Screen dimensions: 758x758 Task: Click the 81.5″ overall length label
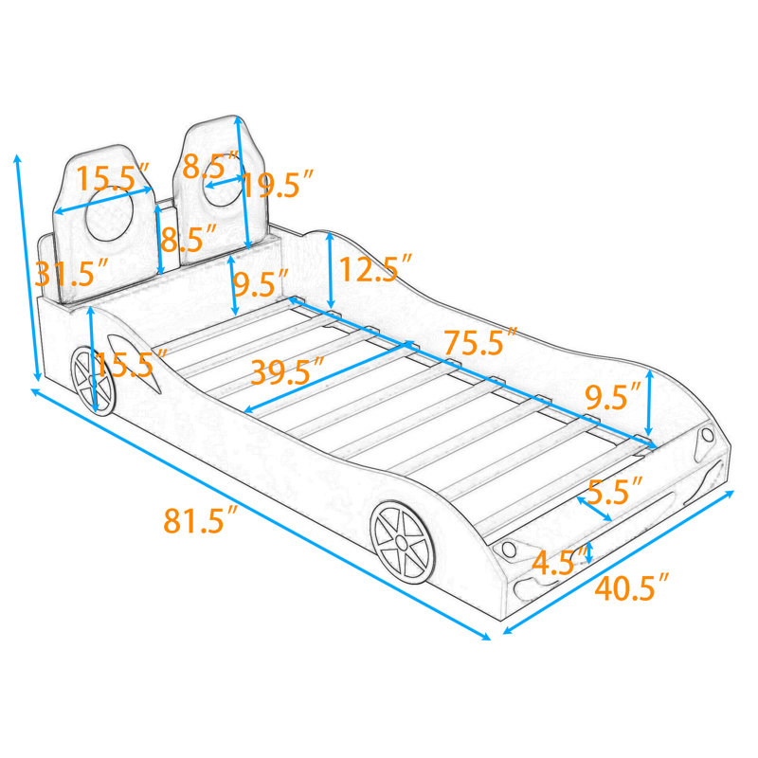coord(201,519)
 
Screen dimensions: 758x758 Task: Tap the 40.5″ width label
coord(632,587)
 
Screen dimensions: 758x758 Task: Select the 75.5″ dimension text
coord(481,341)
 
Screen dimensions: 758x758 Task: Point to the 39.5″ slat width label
coord(287,370)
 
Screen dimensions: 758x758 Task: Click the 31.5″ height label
coord(71,274)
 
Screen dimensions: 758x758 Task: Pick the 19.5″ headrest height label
coord(278,184)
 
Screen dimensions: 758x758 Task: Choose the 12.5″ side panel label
coord(376,268)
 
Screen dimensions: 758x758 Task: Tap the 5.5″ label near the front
coord(615,491)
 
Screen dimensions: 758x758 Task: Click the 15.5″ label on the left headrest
coord(113,177)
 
